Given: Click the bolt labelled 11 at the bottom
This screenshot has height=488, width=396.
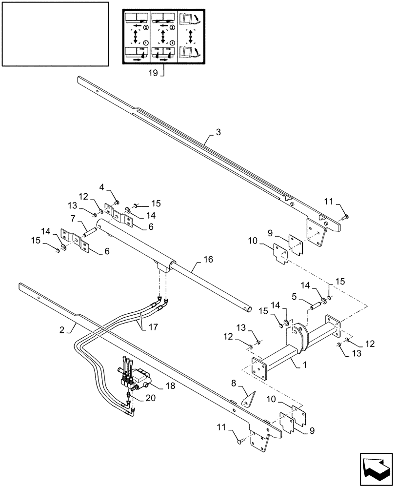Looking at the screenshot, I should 240,442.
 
